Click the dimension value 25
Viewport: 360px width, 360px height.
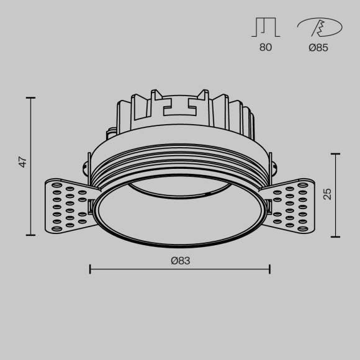pyautogui.click(x=328, y=194)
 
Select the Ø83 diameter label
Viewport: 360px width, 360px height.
pyautogui.click(x=180, y=261)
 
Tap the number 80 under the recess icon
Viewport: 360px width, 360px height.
pyautogui.click(x=266, y=47)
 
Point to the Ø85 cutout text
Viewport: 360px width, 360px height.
pyautogui.click(x=318, y=47)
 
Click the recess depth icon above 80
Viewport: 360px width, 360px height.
pyautogui.click(x=266, y=27)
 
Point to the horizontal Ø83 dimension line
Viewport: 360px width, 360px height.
pyautogui.click(x=180, y=269)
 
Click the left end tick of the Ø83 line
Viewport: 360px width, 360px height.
pyautogui.click(x=91, y=269)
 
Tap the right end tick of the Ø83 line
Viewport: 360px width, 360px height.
pyautogui.click(x=269, y=269)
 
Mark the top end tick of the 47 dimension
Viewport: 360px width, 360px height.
pyautogui.click(x=31, y=97)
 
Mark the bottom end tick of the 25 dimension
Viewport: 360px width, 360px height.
pyautogui.click(x=336, y=236)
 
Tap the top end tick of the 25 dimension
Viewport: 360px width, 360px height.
pyautogui.click(x=336, y=153)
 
